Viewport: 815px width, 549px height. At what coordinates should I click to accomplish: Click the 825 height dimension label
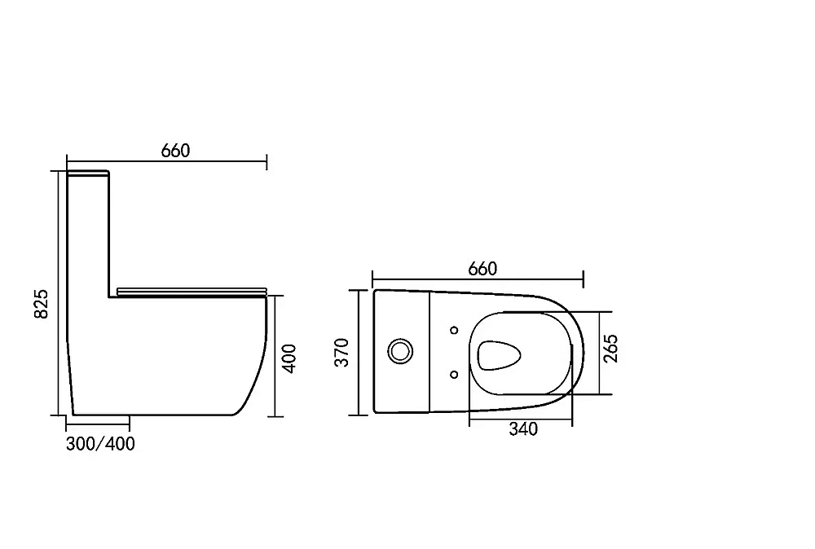point(41,304)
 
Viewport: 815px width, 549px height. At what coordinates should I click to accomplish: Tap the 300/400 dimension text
point(100,444)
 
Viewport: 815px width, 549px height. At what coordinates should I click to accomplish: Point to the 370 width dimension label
point(341,353)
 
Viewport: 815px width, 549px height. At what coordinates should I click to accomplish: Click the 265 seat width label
point(610,349)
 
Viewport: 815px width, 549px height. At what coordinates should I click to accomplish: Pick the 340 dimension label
point(523,429)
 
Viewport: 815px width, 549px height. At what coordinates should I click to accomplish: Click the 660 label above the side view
point(175,151)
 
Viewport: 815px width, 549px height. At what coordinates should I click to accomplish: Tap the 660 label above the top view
point(482,269)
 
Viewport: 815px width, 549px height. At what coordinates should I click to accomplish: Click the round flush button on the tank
point(400,351)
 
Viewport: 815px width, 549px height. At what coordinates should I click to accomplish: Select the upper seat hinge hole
point(454,330)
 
